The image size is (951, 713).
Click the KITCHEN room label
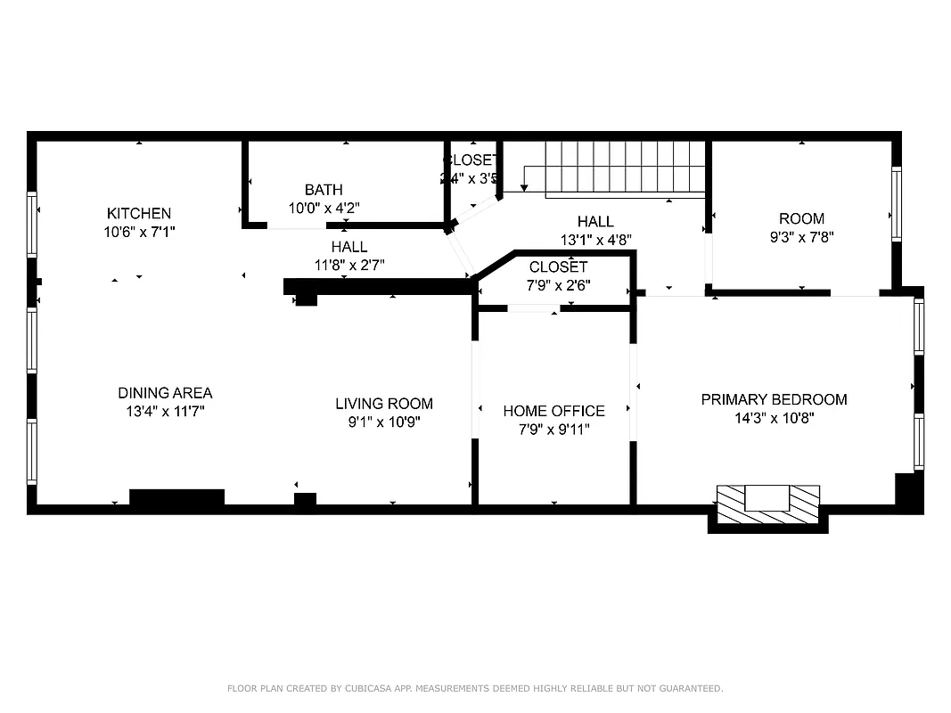coord(139,214)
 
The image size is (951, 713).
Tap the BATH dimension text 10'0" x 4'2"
coord(324,209)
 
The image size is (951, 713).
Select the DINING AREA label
coord(165,393)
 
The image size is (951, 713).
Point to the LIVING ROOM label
coord(384,404)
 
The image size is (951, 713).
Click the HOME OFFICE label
coord(553,411)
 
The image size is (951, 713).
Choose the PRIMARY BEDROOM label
coord(774,399)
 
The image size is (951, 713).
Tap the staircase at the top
coord(624,167)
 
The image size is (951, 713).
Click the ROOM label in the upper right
coord(801,218)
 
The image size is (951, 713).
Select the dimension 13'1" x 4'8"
coord(595,240)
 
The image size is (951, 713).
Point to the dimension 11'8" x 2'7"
coord(349,265)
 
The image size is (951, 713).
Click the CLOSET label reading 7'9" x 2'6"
coord(558,267)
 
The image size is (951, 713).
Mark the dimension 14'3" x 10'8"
coord(774,418)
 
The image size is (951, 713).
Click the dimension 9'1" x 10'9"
coord(384,422)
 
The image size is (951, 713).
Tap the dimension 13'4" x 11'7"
coord(165,412)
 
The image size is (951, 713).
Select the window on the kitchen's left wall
coord(32,225)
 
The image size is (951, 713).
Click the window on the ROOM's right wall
coord(897,204)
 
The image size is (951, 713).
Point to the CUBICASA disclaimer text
coord(475,688)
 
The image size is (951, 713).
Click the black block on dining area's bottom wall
coord(176,497)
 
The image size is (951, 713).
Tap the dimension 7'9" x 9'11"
coord(553,430)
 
